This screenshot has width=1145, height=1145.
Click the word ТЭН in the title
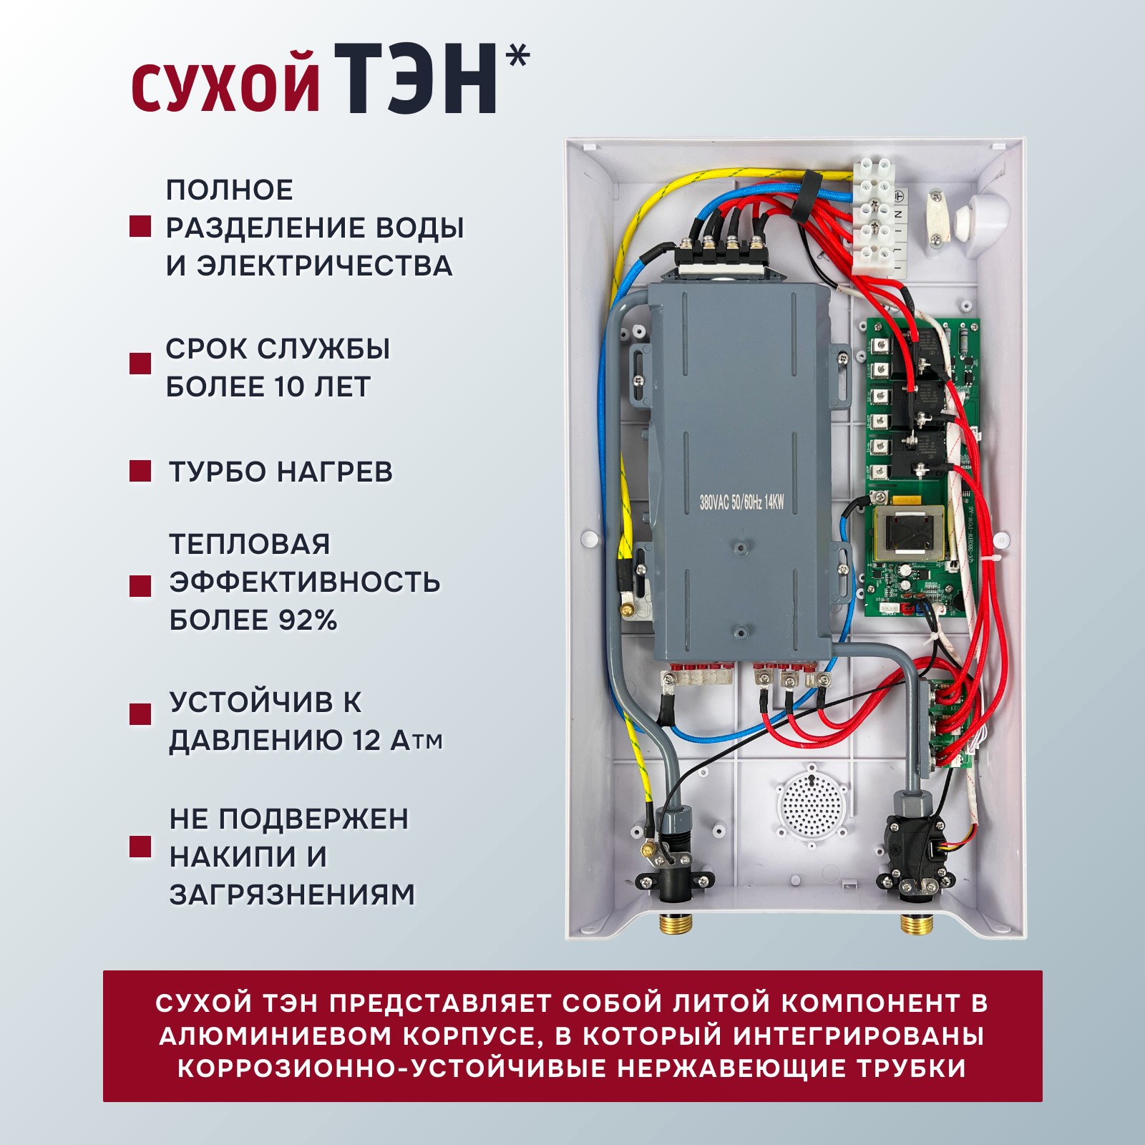415,79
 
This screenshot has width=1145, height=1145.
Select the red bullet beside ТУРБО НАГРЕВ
140,471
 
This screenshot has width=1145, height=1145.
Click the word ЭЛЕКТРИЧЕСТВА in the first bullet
324,265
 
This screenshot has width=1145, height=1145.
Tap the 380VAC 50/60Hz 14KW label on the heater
741,502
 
